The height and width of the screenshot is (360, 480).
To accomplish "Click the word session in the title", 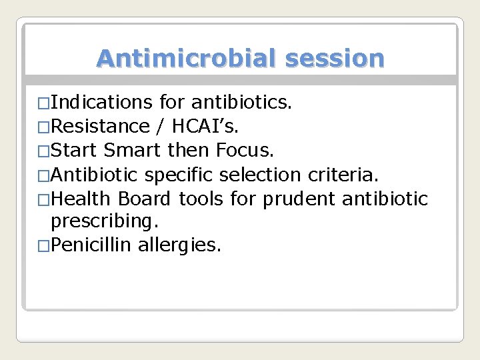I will [335, 59].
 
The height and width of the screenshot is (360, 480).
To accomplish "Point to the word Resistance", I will [100, 126].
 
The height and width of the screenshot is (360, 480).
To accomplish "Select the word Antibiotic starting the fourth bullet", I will [94, 175].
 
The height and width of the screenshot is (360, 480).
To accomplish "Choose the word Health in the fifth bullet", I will [83, 199].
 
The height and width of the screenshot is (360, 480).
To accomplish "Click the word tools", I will [201, 199].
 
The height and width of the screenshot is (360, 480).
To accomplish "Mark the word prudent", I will [292, 199].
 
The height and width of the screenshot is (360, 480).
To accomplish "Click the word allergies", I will [179, 245].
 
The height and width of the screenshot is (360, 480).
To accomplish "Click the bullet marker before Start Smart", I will [44, 151].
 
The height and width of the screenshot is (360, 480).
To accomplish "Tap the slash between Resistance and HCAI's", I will [161, 126].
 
